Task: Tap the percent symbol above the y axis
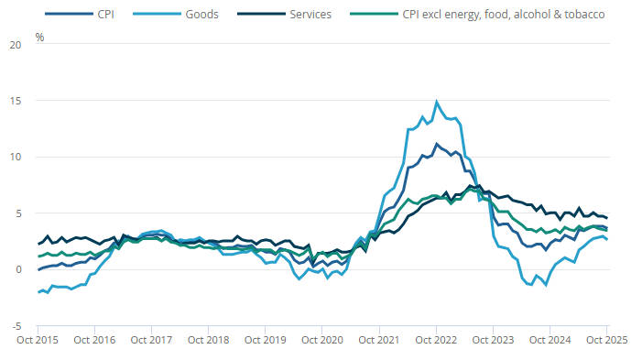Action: click(x=39, y=37)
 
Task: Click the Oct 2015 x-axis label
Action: click(x=38, y=340)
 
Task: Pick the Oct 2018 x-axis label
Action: click(x=208, y=340)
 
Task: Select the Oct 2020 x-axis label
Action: click(x=321, y=340)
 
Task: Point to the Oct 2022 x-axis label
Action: click(x=435, y=340)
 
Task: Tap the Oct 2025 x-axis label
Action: click(x=604, y=340)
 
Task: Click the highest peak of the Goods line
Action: click(x=436, y=102)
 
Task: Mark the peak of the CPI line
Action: click(x=436, y=144)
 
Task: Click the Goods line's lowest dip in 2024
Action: click(x=547, y=285)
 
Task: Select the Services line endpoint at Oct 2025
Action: click(x=606, y=218)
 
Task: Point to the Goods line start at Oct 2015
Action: click(x=38, y=292)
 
